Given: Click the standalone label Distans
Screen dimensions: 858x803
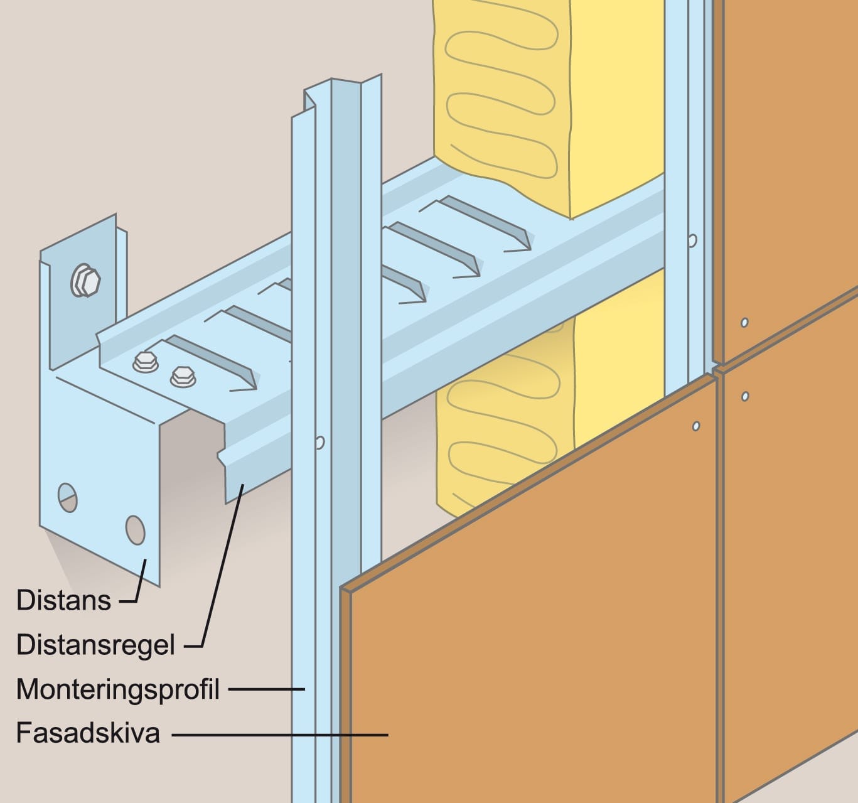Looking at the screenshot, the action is coord(63,600).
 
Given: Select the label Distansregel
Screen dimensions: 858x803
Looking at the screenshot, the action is coord(96,645).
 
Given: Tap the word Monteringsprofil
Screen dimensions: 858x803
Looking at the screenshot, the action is coord(118,690).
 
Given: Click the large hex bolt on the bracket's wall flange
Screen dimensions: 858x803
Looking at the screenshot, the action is coord(85,281).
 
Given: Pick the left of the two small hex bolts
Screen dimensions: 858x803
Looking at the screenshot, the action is coord(145,362).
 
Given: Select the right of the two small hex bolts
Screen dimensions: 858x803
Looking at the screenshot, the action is coord(183,377).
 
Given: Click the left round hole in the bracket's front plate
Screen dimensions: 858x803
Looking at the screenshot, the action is coord(67,498).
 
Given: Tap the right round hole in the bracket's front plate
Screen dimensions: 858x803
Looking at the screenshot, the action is coord(135,530).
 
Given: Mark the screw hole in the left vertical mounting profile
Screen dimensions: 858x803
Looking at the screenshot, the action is coord(320,442).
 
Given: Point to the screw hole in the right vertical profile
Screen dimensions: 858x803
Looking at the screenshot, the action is coord(692,240).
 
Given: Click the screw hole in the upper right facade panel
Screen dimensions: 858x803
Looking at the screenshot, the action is coord(744,323).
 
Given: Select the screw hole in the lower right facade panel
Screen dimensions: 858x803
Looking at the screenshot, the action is coord(745,396).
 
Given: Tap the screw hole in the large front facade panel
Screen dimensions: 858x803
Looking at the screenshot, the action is coord(696,426).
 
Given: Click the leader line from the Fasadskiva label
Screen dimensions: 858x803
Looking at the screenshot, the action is coord(280,735).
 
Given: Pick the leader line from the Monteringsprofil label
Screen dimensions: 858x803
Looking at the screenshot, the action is coord(267,689).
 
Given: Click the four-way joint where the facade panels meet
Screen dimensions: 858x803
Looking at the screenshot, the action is coord(717,369).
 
